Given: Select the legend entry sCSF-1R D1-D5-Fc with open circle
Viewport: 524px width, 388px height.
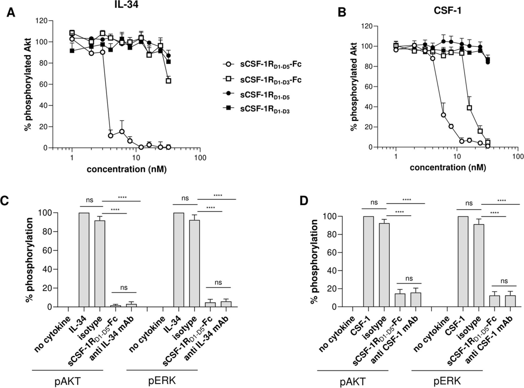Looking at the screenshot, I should [271, 64].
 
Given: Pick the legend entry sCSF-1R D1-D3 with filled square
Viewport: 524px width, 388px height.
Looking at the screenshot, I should [265, 110].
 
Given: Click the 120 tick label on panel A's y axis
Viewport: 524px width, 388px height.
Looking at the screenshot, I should [41, 21].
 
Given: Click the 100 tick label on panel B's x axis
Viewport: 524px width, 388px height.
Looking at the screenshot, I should [518, 157].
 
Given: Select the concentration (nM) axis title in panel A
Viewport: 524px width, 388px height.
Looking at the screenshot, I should [126, 169].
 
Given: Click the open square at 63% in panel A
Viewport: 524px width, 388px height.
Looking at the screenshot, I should [168, 81].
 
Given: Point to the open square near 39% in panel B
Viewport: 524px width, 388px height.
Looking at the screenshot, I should [469, 108].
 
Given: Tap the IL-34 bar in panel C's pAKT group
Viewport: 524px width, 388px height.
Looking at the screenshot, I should [84, 260].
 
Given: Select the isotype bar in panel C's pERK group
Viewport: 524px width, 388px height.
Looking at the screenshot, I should [194, 263].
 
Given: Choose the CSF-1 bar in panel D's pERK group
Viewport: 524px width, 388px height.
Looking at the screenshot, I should [463, 261].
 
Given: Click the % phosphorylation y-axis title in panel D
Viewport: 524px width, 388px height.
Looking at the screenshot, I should [314, 262].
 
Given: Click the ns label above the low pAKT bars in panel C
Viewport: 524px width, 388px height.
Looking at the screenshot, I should [124, 288].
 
